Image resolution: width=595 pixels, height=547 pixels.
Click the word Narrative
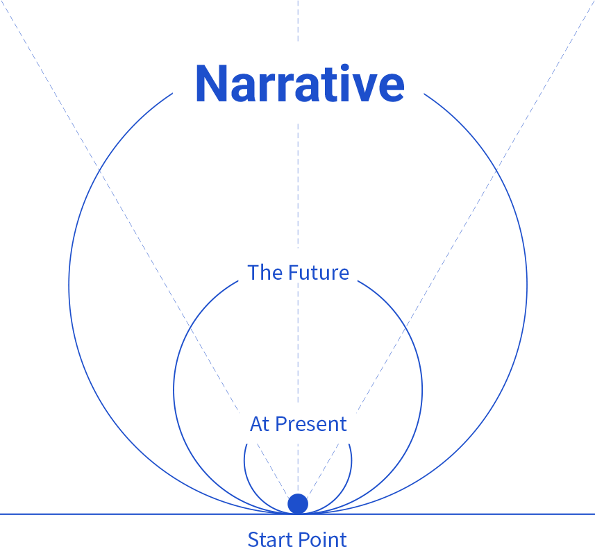pyautogui.click(x=299, y=83)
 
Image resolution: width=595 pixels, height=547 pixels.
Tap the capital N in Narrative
pyautogui.click(x=211, y=84)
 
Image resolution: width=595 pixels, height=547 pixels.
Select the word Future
pyautogui.click(x=319, y=272)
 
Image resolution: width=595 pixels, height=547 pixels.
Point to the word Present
pyautogui.click(x=311, y=424)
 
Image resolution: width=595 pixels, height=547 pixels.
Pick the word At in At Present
pyautogui.click(x=260, y=424)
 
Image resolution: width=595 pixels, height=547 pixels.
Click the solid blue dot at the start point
pyautogui.click(x=298, y=504)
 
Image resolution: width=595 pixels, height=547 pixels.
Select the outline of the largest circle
pyautogui.click(x=69, y=285)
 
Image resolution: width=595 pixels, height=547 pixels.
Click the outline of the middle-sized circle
pyautogui.click(x=174, y=389)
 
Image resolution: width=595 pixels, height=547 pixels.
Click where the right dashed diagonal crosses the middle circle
pyautogui.click(x=405, y=325)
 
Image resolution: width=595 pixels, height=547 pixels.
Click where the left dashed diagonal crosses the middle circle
pyautogui.click(x=190, y=325)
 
